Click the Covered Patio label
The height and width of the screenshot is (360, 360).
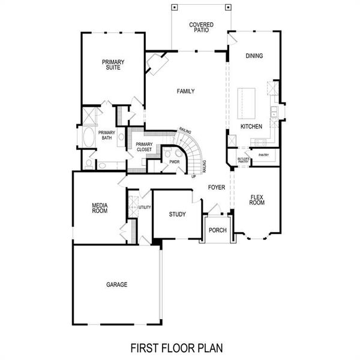tap(202, 28)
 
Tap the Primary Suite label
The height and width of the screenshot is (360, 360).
tap(112, 65)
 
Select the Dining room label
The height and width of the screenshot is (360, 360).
tap(255, 56)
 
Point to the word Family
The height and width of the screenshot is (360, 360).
tap(186, 91)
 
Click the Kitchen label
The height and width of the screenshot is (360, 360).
tap(251, 127)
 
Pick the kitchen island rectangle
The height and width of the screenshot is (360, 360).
tap(247, 103)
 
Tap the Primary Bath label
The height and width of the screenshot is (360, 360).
tap(106, 136)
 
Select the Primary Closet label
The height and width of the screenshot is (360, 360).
tap(144, 146)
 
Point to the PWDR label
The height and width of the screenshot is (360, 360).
tap(175, 162)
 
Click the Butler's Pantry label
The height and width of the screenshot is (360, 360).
tap(242, 160)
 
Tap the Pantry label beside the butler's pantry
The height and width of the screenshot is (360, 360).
tap(263, 155)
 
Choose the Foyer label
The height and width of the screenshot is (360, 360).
tap(217, 188)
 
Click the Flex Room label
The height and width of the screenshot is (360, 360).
tap(257, 200)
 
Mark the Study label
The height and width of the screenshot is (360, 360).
tap(177, 214)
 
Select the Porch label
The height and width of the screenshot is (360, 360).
tap(217, 230)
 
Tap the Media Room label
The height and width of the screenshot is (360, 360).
tap(100, 208)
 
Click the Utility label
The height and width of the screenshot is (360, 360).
tap(145, 207)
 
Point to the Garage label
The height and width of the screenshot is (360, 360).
tap(117, 284)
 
